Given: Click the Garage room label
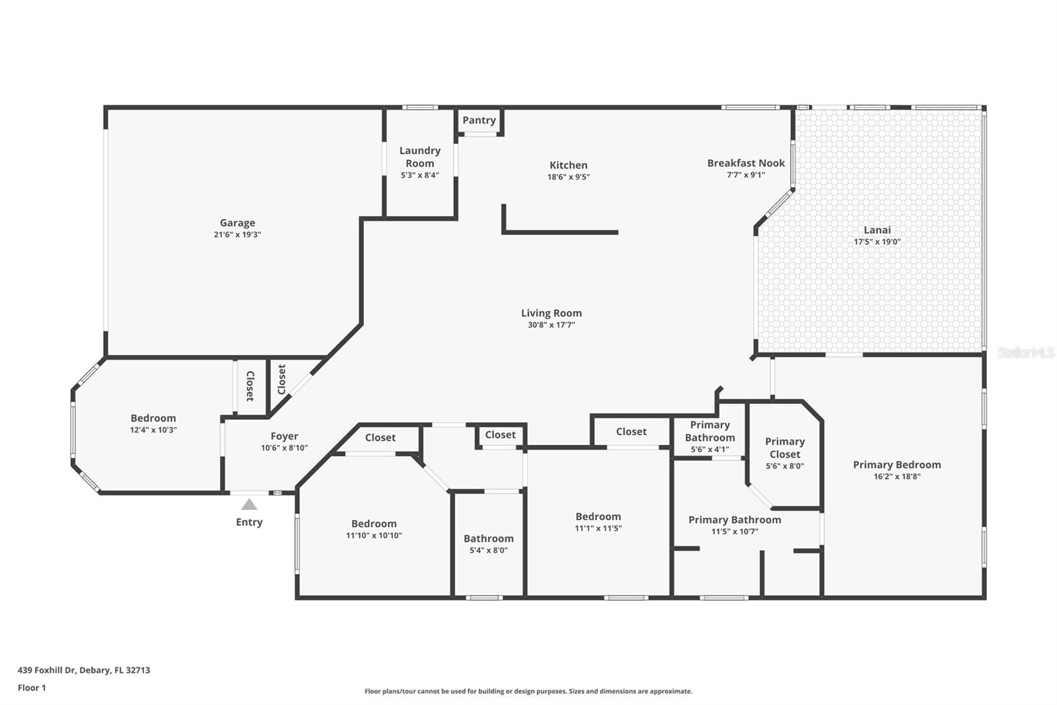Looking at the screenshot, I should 237,223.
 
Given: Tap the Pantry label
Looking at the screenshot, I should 479,120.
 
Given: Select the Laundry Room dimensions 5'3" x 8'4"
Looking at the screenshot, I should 419,175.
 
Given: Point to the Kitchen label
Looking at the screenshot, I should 568,165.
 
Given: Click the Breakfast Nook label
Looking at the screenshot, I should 746,163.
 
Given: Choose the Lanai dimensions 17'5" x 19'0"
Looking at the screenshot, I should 877,242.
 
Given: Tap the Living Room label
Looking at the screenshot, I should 551,313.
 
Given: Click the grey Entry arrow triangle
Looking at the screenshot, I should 249,505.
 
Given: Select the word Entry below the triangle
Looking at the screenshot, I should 249,522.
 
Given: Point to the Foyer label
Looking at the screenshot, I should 284,436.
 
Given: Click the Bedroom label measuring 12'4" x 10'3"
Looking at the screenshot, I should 153,418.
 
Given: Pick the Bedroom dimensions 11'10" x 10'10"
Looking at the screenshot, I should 374,536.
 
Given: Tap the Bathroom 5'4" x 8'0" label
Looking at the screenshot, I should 488,539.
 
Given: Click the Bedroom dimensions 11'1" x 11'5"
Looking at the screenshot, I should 598,528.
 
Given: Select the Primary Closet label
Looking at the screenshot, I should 785,448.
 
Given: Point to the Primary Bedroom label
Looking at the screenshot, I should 896,465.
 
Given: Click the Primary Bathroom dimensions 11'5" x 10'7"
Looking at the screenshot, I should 735,532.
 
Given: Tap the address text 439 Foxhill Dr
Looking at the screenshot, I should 84,670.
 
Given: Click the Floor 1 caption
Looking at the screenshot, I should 32,688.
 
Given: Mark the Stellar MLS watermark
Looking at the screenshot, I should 1026,353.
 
